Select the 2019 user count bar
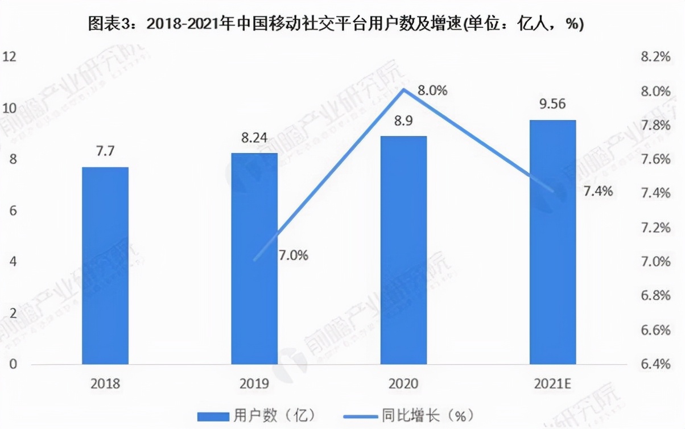254,258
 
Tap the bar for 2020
403,250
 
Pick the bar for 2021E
552,242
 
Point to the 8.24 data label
254,138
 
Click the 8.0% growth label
432,90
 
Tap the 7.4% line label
599,191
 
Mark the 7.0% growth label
294,255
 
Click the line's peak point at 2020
403,89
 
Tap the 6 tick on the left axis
11,211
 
